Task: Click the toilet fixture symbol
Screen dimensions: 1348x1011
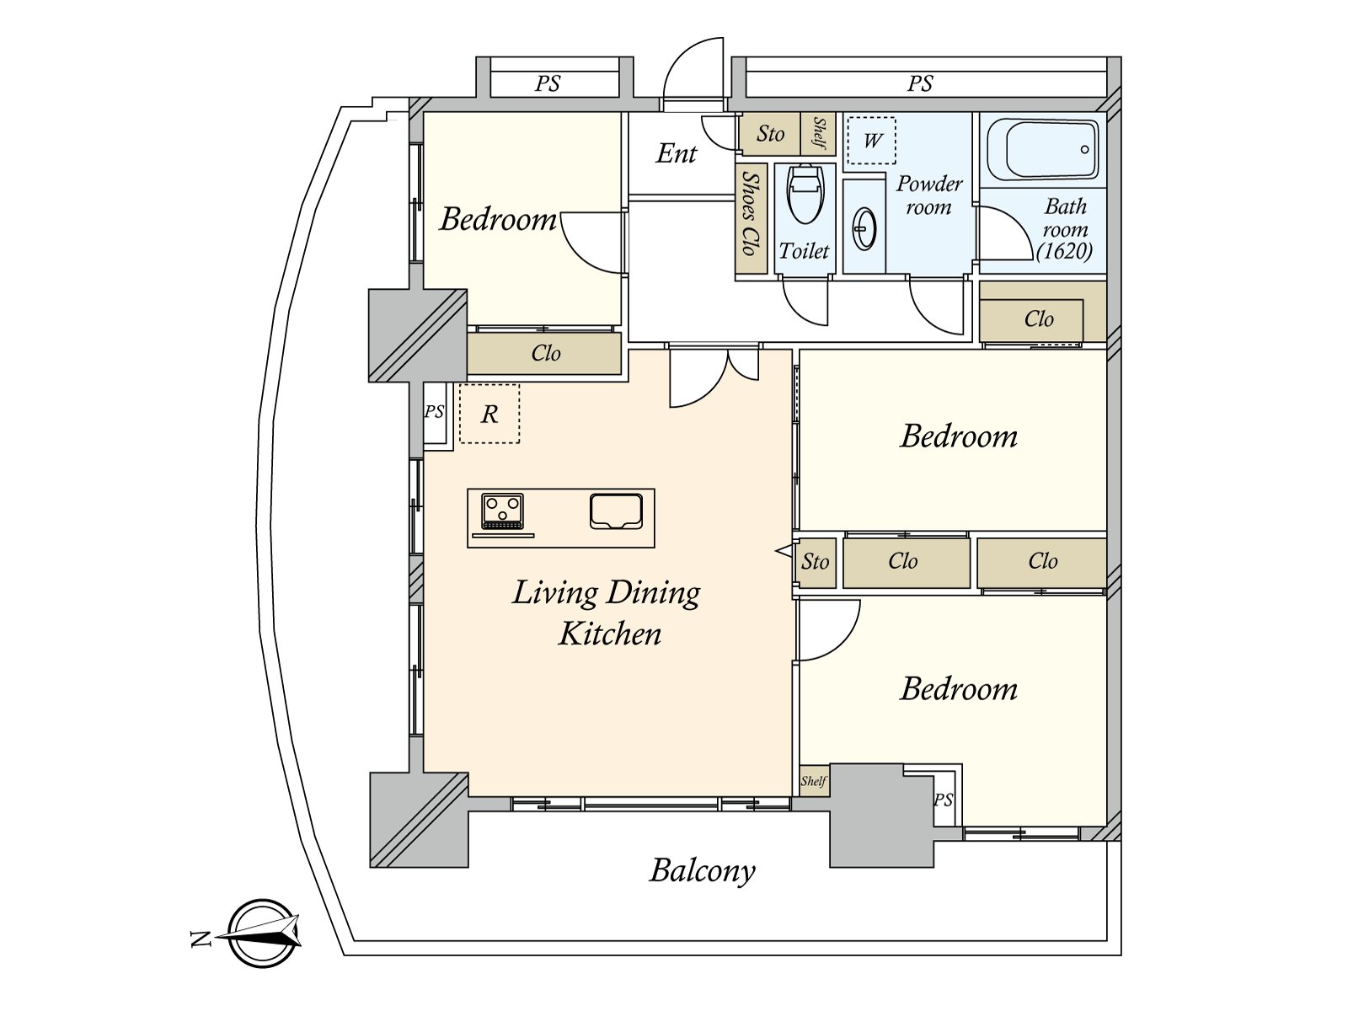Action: click(x=805, y=195)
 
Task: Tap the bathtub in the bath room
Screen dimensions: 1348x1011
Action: click(x=1042, y=149)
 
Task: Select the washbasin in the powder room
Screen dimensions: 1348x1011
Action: click(x=864, y=229)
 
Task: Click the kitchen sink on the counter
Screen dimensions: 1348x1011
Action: click(x=616, y=511)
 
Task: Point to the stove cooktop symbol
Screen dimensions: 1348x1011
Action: click(x=503, y=511)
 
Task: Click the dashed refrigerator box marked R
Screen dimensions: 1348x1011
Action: click(x=489, y=414)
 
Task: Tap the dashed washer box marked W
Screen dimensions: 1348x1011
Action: click(x=872, y=141)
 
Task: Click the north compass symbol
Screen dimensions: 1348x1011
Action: click(x=264, y=933)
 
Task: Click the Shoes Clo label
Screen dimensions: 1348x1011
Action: click(x=750, y=212)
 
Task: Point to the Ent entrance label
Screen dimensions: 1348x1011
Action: click(x=677, y=153)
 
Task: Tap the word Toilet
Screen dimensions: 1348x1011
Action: click(x=804, y=250)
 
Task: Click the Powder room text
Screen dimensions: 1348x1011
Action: click(x=929, y=195)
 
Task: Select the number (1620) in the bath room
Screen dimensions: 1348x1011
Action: click(x=1065, y=251)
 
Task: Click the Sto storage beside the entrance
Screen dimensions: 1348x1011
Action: click(x=770, y=134)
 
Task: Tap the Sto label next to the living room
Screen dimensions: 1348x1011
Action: click(x=815, y=562)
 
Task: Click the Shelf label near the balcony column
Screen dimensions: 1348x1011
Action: click(x=813, y=782)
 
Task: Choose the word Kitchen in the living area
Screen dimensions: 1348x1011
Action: click(x=610, y=634)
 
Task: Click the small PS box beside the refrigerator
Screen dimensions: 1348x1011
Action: click(x=434, y=412)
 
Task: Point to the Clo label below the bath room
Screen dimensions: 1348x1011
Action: click(x=1039, y=319)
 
